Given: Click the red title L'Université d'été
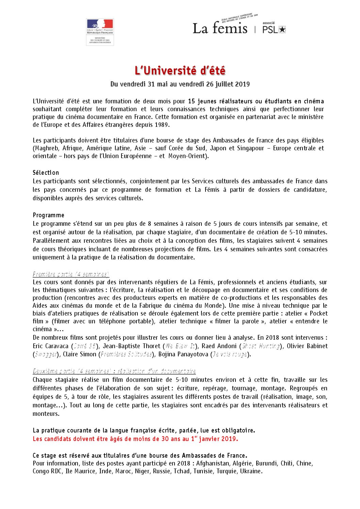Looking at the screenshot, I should (x=180, y=71).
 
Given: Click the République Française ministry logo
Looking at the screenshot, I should (x=100, y=32).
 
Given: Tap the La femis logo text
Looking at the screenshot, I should (x=220, y=28).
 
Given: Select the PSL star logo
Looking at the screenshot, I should (x=274, y=29).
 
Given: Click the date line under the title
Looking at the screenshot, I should (x=180, y=84).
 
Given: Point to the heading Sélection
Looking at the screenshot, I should (x=46, y=173).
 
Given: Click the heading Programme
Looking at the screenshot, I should (x=48, y=215).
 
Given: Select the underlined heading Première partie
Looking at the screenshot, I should (x=71, y=274).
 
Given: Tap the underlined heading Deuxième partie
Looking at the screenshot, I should (x=114, y=371).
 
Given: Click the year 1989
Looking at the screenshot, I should (x=162, y=125).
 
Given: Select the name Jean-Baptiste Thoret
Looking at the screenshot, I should (x=131, y=346).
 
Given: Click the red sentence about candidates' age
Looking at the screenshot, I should (x=135, y=439).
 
